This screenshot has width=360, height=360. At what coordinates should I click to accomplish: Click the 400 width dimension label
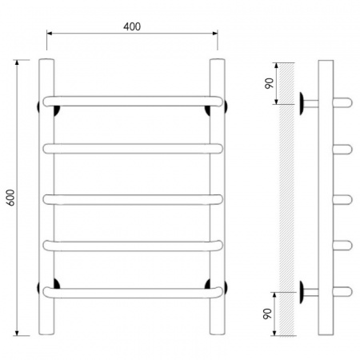tap(132, 26)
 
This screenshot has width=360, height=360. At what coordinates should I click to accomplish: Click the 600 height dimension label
tap(10, 198)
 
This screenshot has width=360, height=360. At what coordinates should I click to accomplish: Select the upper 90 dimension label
tap(270, 83)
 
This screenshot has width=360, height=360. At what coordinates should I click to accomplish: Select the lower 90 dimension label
tap(267, 314)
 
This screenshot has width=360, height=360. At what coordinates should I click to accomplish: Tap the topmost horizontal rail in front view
tap(133, 102)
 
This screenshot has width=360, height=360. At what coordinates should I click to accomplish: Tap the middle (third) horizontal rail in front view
tap(133, 200)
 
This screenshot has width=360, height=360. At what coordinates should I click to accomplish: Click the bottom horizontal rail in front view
tap(133, 293)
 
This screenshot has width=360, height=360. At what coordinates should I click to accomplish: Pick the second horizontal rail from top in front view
tap(133, 149)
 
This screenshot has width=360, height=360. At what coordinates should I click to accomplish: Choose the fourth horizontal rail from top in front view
tap(133, 246)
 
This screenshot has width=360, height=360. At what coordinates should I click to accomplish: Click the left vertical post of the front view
tap(46, 197)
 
